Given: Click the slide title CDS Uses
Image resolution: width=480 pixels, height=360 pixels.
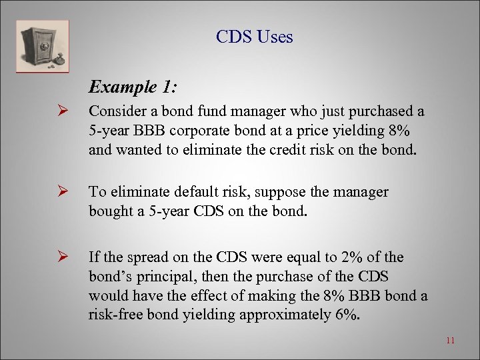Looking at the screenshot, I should [x=254, y=37].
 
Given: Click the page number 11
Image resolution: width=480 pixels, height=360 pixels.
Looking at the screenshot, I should [x=450, y=341].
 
